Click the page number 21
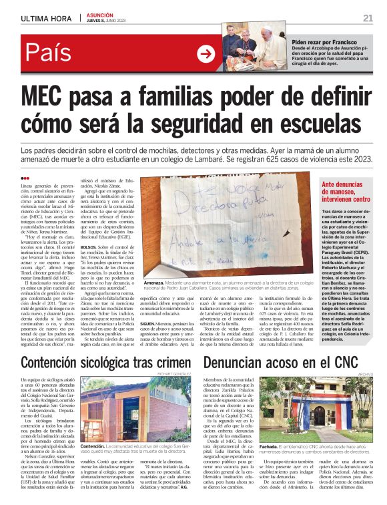coord(368,17)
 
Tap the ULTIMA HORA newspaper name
coord(46,18)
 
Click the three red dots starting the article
coord(25,178)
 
